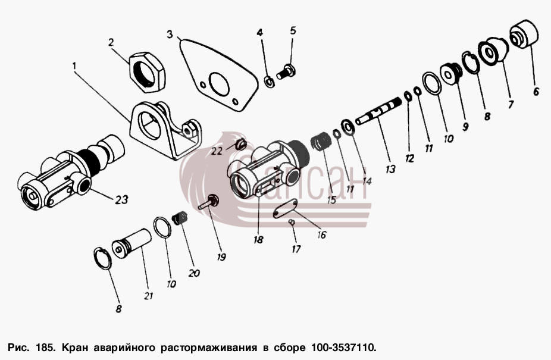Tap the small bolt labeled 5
pos(286,72)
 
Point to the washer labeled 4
pos(270,82)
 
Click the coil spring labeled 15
pos(321,140)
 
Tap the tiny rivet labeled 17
pos(292,222)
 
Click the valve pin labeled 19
pos(208,202)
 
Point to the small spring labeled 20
pos(180,217)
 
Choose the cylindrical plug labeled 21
pos(132,243)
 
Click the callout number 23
pos(121,200)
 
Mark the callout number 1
pos(74,65)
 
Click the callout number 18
pos(258,240)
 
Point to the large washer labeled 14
pos(348,127)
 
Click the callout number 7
pos(510,104)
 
